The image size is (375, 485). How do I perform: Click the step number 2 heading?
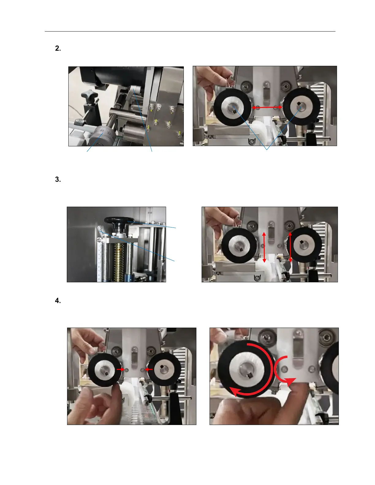pos(58,48)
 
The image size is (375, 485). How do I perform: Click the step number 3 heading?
pos(58,179)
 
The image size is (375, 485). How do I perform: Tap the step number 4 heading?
pos(58,301)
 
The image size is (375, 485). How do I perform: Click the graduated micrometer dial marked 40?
pos(103,136)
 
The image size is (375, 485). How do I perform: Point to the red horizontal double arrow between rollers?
pos(267,107)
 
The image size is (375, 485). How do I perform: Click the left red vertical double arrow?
pos(264,247)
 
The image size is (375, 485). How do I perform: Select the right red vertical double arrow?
pos(290,247)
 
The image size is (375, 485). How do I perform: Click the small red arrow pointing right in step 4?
pos(121,369)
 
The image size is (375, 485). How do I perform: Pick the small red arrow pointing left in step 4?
pos(149,369)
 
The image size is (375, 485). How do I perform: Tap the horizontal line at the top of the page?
pos(190,32)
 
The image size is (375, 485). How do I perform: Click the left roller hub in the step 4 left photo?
pos(104,371)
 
